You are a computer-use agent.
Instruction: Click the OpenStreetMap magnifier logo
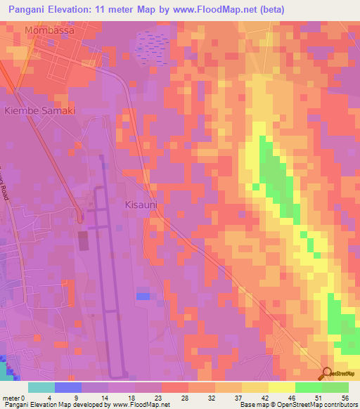(328, 373)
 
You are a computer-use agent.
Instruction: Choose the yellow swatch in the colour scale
(281, 387)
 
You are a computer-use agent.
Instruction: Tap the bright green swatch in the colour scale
(308, 387)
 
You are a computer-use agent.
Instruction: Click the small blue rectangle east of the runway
(143, 297)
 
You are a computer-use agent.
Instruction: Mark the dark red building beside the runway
(83, 241)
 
